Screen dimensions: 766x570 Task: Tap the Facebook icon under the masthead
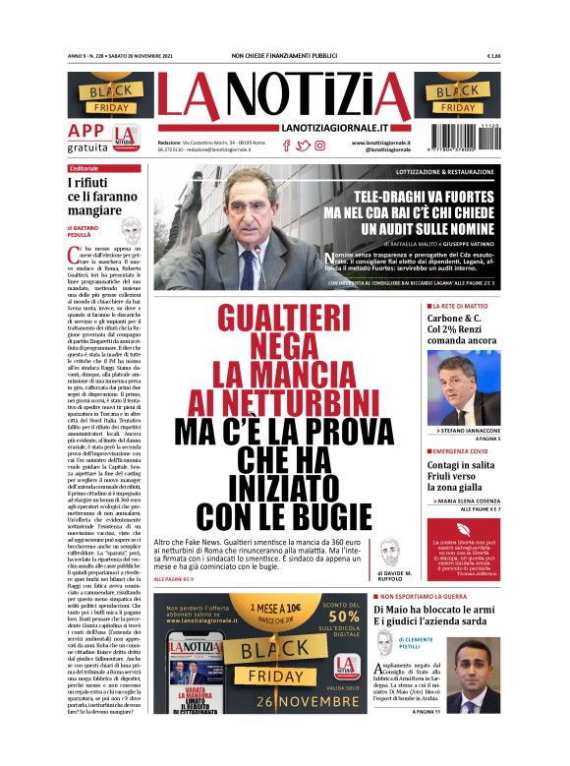point(286,146)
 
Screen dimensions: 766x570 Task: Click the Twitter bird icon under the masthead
point(303,146)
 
